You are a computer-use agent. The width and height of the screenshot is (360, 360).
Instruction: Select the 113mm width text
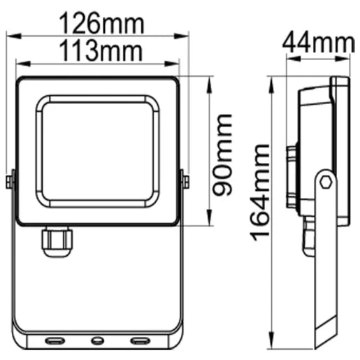tap(99, 51)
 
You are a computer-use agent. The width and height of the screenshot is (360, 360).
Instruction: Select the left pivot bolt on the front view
tap(8, 181)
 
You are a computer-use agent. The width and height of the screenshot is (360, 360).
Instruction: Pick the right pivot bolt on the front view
tap(185, 181)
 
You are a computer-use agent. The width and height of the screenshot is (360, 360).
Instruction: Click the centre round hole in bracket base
tap(96, 340)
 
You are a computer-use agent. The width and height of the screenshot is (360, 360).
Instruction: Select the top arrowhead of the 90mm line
tap(209, 80)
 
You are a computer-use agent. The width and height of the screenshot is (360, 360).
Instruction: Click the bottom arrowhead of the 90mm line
tap(209, 222)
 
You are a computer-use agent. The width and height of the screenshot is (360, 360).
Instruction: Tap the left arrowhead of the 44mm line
tap(288, 58)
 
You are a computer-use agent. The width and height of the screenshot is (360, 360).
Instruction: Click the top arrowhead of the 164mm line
tap(273, 80)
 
